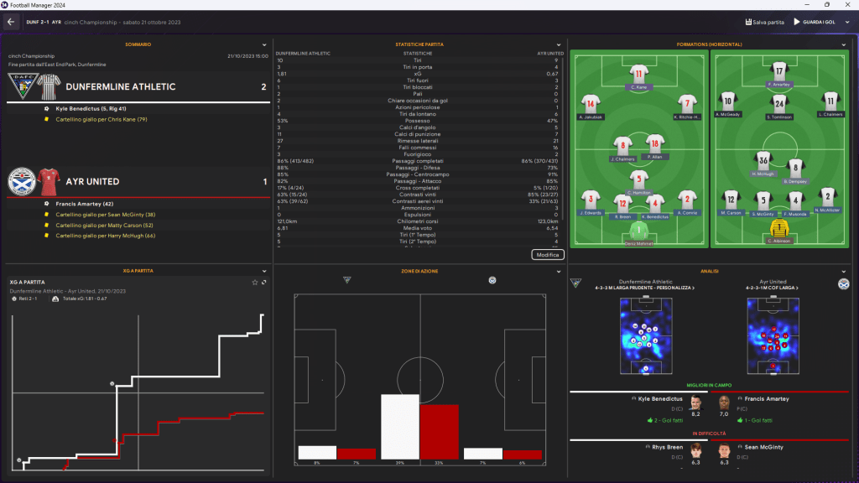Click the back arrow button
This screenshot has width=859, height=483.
pyautogui.click(x=12, y=22)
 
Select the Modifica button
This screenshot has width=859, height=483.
pyautogui.click(x=548, y=254)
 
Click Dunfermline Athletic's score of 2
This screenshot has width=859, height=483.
pyautogui.click(x=263, y=86)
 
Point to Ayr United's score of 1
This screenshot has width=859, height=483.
pyautogui.click(x=263, y=181)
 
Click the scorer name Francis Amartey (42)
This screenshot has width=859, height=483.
pyautogui.click(x=84, y=204)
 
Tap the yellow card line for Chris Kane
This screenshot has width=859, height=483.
pyautogui.click(x=102, y=119)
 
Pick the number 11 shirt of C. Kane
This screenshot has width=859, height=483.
pyautogui.click(x=639, y=73)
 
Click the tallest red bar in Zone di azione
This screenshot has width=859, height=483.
pyautogui.click(x=440, y=431)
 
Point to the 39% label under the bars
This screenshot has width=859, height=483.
pyautogui.click(x=399, y=463)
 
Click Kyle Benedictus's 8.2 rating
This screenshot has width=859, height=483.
pyautogui.click(x=695, y=413)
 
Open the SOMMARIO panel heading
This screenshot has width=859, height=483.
pyautogui.click(x=138, y=44)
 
